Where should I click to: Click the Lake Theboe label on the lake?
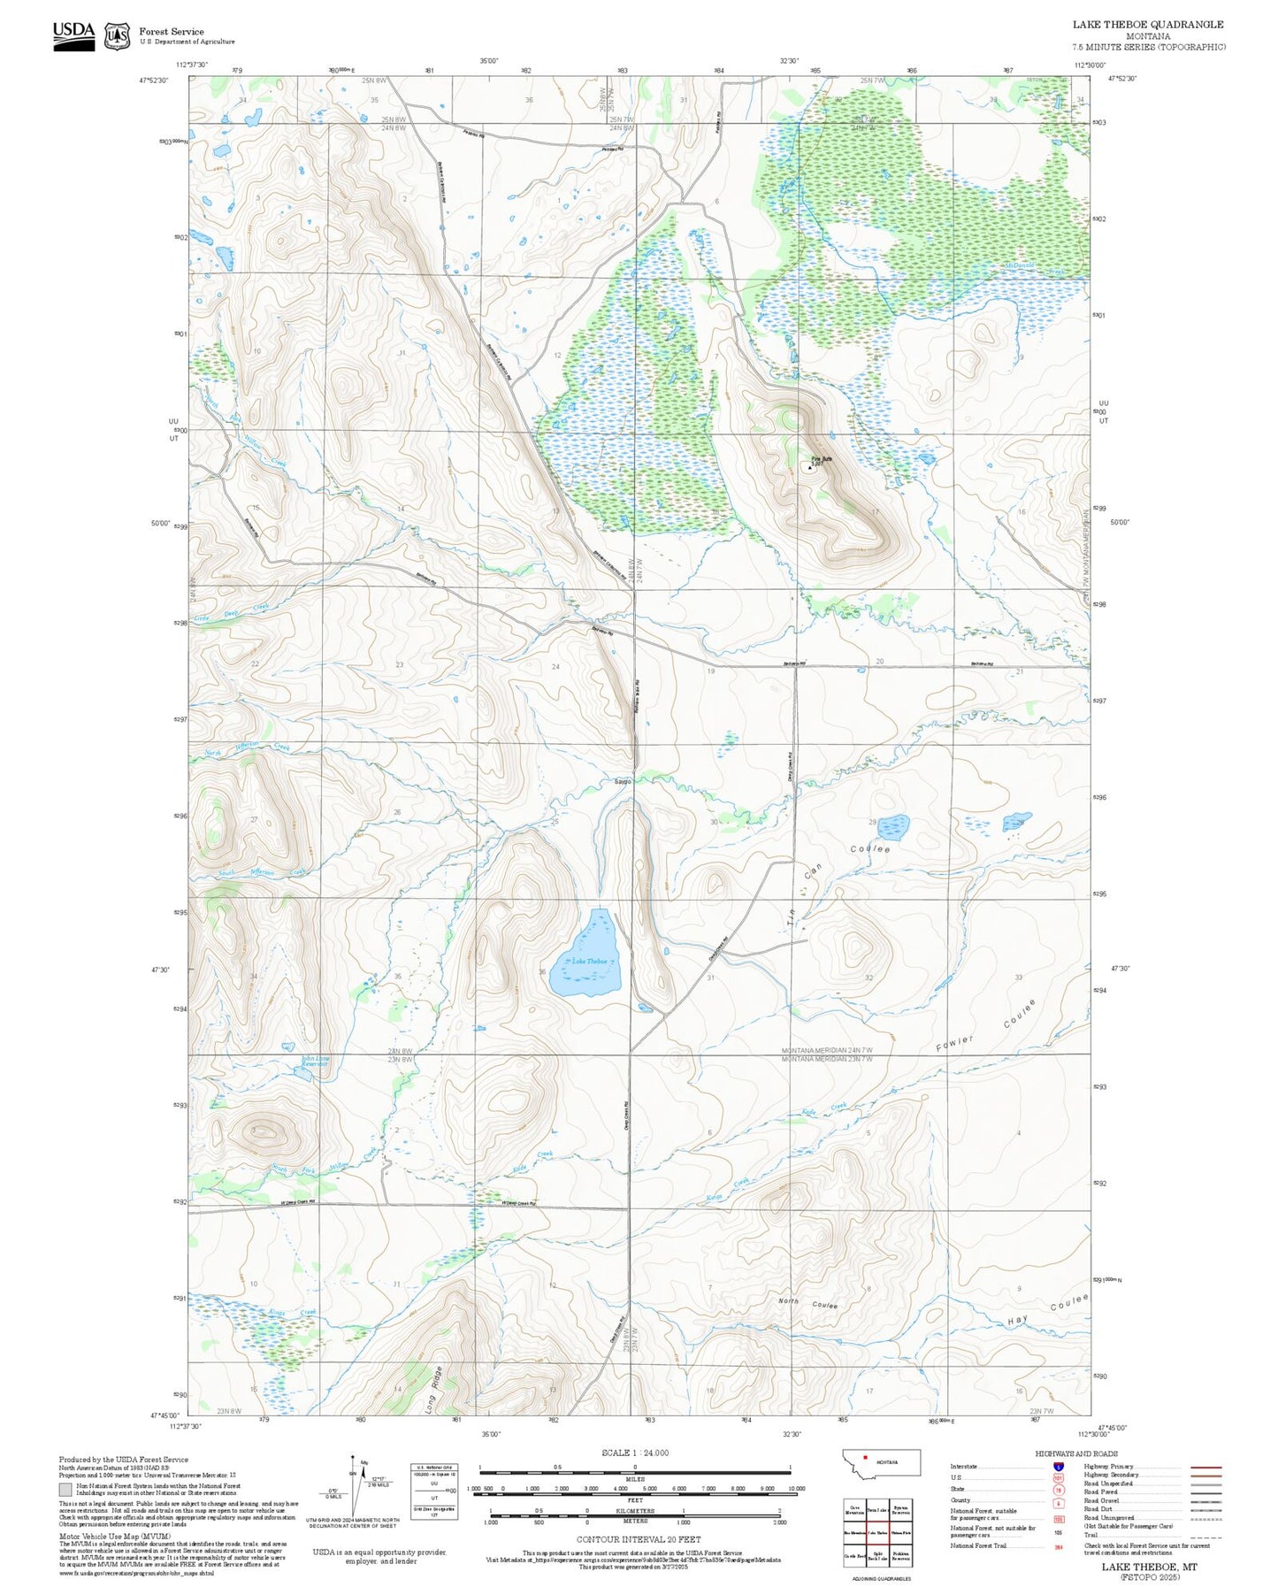point(590,961)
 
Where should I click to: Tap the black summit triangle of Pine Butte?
point(810,467)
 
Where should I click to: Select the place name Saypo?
point(623,781)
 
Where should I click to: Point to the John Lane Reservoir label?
point(314,1061)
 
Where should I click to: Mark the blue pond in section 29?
point(892,827)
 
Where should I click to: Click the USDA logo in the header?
point(73,35)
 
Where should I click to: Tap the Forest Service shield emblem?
point(117,36)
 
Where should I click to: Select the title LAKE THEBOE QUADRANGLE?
point(1148,25)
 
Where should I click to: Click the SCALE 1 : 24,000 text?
point(635,1453)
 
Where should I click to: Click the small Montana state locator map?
point(881,1461)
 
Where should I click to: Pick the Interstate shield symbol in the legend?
point(1059,1467)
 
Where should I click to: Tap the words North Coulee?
point(807,1302)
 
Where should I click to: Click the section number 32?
point(869,977)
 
